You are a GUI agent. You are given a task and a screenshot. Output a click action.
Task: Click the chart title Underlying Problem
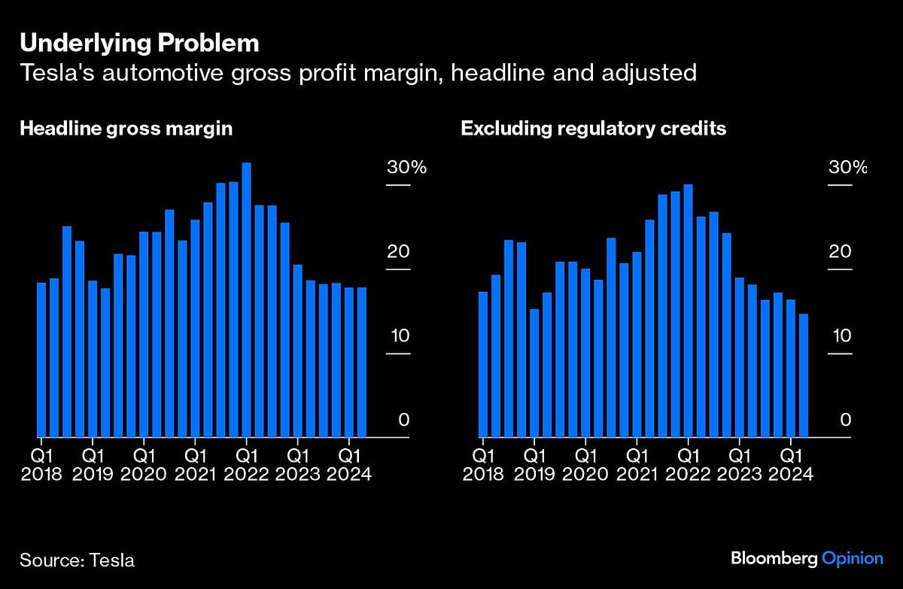pos(139,44)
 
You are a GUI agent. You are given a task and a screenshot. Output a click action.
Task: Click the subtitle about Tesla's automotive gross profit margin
pos(357,73)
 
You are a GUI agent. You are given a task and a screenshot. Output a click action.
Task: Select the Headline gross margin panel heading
pos(126,129)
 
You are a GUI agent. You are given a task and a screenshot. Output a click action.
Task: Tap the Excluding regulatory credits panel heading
pos(593,129)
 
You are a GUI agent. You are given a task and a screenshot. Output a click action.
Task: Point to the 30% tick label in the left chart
pos(406,167)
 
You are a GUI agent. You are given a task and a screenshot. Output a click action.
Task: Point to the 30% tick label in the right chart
pos(847,167)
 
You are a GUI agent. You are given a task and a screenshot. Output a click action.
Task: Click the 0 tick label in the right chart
pos(845,420)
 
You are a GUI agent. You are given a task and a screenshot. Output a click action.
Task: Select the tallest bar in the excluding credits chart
pos(688,310)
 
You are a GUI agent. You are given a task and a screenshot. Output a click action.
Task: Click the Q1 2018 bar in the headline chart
pos(41,360)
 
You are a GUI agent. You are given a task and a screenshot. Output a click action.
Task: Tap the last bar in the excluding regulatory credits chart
pos(803,375)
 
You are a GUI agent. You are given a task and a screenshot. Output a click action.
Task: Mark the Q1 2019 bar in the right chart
pos(534,372)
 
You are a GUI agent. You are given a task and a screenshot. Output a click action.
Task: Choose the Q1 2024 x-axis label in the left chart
pos(348,465)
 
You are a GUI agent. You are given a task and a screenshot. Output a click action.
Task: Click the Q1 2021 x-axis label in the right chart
pos(636,465)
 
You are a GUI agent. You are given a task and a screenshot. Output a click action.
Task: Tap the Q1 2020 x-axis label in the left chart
pos(144,465)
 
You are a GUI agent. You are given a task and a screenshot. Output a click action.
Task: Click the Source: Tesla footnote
pos(78,560)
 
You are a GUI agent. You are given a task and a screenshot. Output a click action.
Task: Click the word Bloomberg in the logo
pos(772,558)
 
